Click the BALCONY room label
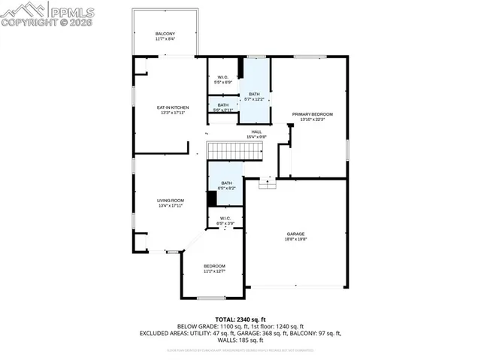(x=165, y=35)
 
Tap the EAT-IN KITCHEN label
(x=172, y=107)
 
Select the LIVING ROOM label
(x=171, y=200)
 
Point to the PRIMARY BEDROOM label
(x=312, y=114)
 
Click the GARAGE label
(x=296, y=234)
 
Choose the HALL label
(x=257, y=132)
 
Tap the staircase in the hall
(x=234, y=150)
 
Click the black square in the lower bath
(x=212, y=199)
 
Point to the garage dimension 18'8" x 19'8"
(x=296, y=239)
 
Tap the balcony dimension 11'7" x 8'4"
(x=165, y=40)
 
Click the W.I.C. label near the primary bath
(x=222, y=77)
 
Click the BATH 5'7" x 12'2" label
(x=254, y=94)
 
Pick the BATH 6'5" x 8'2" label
(x=225, y=183)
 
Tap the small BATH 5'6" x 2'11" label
(x=223, y=105)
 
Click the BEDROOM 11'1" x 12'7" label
(x=214, y=267)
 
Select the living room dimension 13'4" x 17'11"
(x=171, y=205)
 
